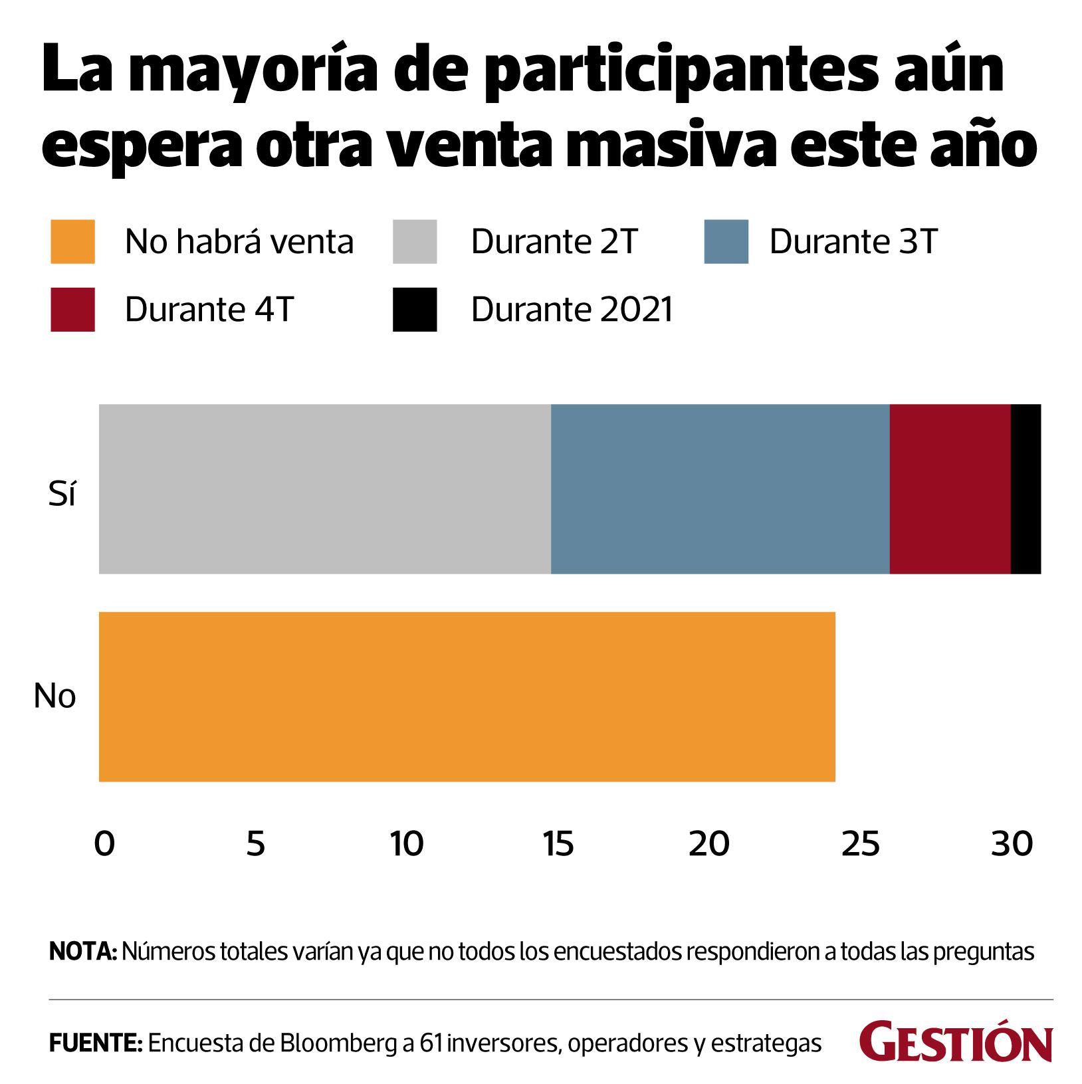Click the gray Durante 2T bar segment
coord(324,488)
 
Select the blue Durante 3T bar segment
coord(720,488)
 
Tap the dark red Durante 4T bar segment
coord(950,488)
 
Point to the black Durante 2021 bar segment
coord(1026,488)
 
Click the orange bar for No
coord(467,697)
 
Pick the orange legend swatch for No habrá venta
coord(72,242)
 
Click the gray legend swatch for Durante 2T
coord(415,242)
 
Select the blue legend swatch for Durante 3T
coord(726,242)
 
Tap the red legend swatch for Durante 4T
coord(72,310)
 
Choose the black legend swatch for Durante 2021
coord(415,310)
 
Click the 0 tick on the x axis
coord(104,844)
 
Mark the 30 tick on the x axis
coord(1012,844)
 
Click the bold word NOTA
coord(83,952)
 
